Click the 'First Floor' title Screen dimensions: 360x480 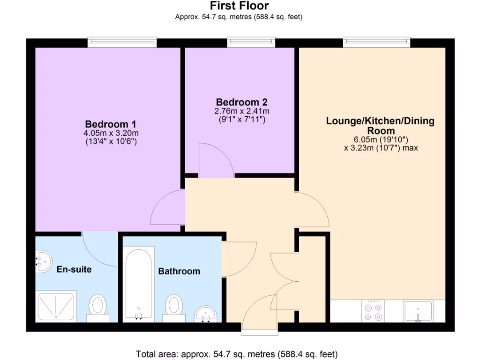[239, 6]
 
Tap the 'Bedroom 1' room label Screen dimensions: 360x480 [110, 124]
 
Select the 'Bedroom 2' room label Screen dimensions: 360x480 [241, 102]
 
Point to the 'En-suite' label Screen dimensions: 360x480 [74, 270]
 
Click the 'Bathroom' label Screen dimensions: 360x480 [179, 271]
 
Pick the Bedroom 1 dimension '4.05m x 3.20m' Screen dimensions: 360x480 [111, 133]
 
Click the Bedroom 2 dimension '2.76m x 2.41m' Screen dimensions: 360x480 [241, 111]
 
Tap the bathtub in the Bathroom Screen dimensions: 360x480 [138, 284]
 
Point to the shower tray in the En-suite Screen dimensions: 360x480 [55, 306]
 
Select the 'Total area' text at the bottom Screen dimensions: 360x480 [236, 354]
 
